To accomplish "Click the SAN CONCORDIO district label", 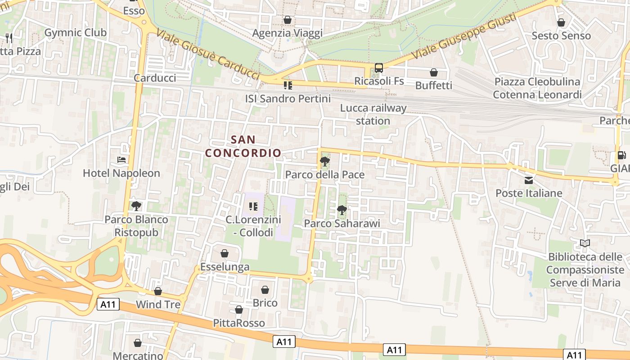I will [x=243, y=146].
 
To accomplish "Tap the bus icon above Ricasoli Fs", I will [x=379, y=68].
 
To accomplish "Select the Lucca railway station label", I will [x=373, y=114].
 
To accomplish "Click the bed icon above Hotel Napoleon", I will [x=121, y=159].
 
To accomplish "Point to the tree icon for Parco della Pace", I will [x=324, y=161].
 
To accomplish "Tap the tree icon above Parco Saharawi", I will [x=342, y=210].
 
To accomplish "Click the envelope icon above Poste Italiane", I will [x=529, y=180].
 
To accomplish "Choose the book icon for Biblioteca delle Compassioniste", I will [x=585, y=243].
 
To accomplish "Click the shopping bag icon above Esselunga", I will [x=225, y=253].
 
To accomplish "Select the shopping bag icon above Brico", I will [x=265, y=289].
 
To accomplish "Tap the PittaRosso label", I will [x=239, y=323].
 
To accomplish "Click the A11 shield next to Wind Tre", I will [x=108, y=305].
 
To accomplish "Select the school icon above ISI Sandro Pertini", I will [x=288, y=85].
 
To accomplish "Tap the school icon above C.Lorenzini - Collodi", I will [x=253, y=207].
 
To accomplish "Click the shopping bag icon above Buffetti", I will [x=434, y=72].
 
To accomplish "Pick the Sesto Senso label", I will [x=561, y=36].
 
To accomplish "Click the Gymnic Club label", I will [x=76, y=32].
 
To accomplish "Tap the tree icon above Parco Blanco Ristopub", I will [x=136, y=206].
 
